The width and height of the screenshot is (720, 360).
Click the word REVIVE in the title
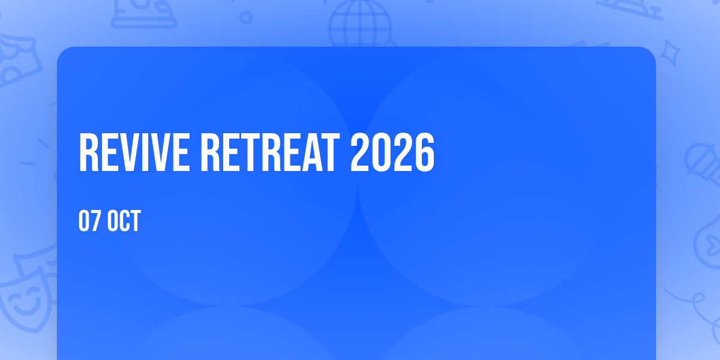click(x=134, y=152)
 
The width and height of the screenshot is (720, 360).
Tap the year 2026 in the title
click(x=392, y=152)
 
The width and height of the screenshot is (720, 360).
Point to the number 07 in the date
click(x=89, y=221)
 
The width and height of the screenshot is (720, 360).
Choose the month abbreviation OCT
click(x=124, y=221)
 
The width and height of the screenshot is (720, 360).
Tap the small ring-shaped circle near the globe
click(x=246, y=17)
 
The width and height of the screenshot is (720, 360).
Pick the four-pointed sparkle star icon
click(x=669, y=53)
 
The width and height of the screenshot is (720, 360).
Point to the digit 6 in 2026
click(x=425, y=152)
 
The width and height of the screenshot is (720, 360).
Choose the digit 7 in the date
click(x=95, y=221)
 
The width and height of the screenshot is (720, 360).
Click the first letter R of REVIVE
click(x=88, y=152)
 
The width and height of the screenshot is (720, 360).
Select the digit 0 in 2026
click(x=382, y=152)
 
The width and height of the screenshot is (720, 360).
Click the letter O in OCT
click(x=113, y=221)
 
